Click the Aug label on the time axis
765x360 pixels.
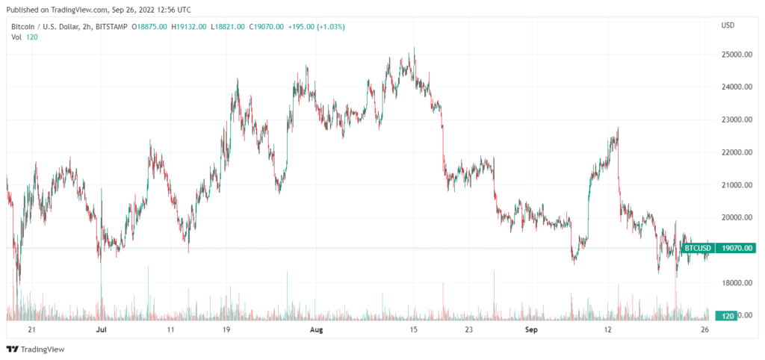(x=317, y=329)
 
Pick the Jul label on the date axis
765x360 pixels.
(x=102, y=329)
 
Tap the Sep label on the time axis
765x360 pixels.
(x=531, y=329)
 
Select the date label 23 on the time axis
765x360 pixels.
(x=468, y=329)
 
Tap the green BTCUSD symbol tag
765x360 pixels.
(x=698, y=248)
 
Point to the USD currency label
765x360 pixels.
(x=727, y=26)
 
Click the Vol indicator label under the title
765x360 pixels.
(x=16, y=37)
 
